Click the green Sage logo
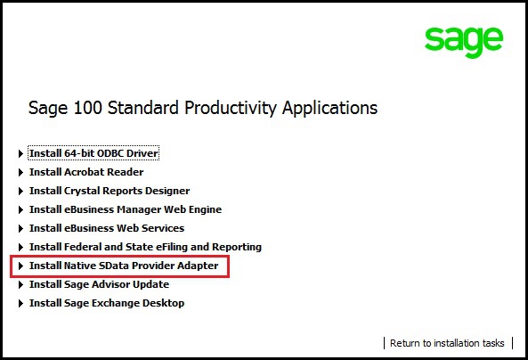464,42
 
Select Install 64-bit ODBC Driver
93,153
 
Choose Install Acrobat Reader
86,172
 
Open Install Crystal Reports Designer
110,191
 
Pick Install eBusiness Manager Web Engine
126,209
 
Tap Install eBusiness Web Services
107,228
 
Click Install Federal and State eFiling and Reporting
145,247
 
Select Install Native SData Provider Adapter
124,266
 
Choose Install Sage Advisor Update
99,284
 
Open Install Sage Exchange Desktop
107,303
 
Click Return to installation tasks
447,343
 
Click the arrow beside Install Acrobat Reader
20,173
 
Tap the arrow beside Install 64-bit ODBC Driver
20,153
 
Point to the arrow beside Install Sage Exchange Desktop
20,303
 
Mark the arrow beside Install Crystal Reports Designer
20,191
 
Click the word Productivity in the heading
231,108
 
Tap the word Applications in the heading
329,108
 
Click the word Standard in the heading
143,108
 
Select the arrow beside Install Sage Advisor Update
20,285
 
